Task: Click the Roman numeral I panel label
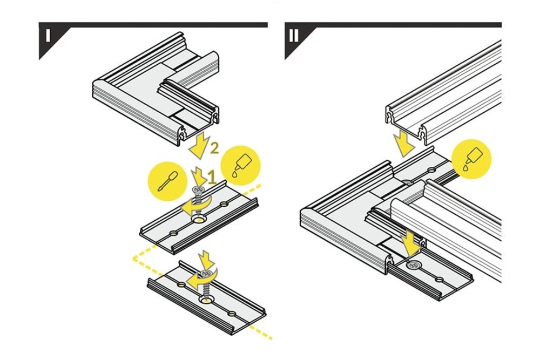pos(48,36)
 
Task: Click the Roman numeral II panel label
pos(294,36)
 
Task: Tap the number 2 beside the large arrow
pos(214,148)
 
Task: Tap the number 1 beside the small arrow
pos(212,178)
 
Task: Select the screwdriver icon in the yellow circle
pos(168,181)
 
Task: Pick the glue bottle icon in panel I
pos(240,163)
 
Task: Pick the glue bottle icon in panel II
pos(472,159)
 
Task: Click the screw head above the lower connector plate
pos(207,274)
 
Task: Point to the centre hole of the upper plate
pos(198,220)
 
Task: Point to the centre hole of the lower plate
pos(207,301)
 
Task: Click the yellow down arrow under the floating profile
pos(403,145)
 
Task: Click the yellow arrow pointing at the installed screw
pos(412,243)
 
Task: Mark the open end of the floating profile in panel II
pos(407,124)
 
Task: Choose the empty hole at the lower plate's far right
pos(232,314)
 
